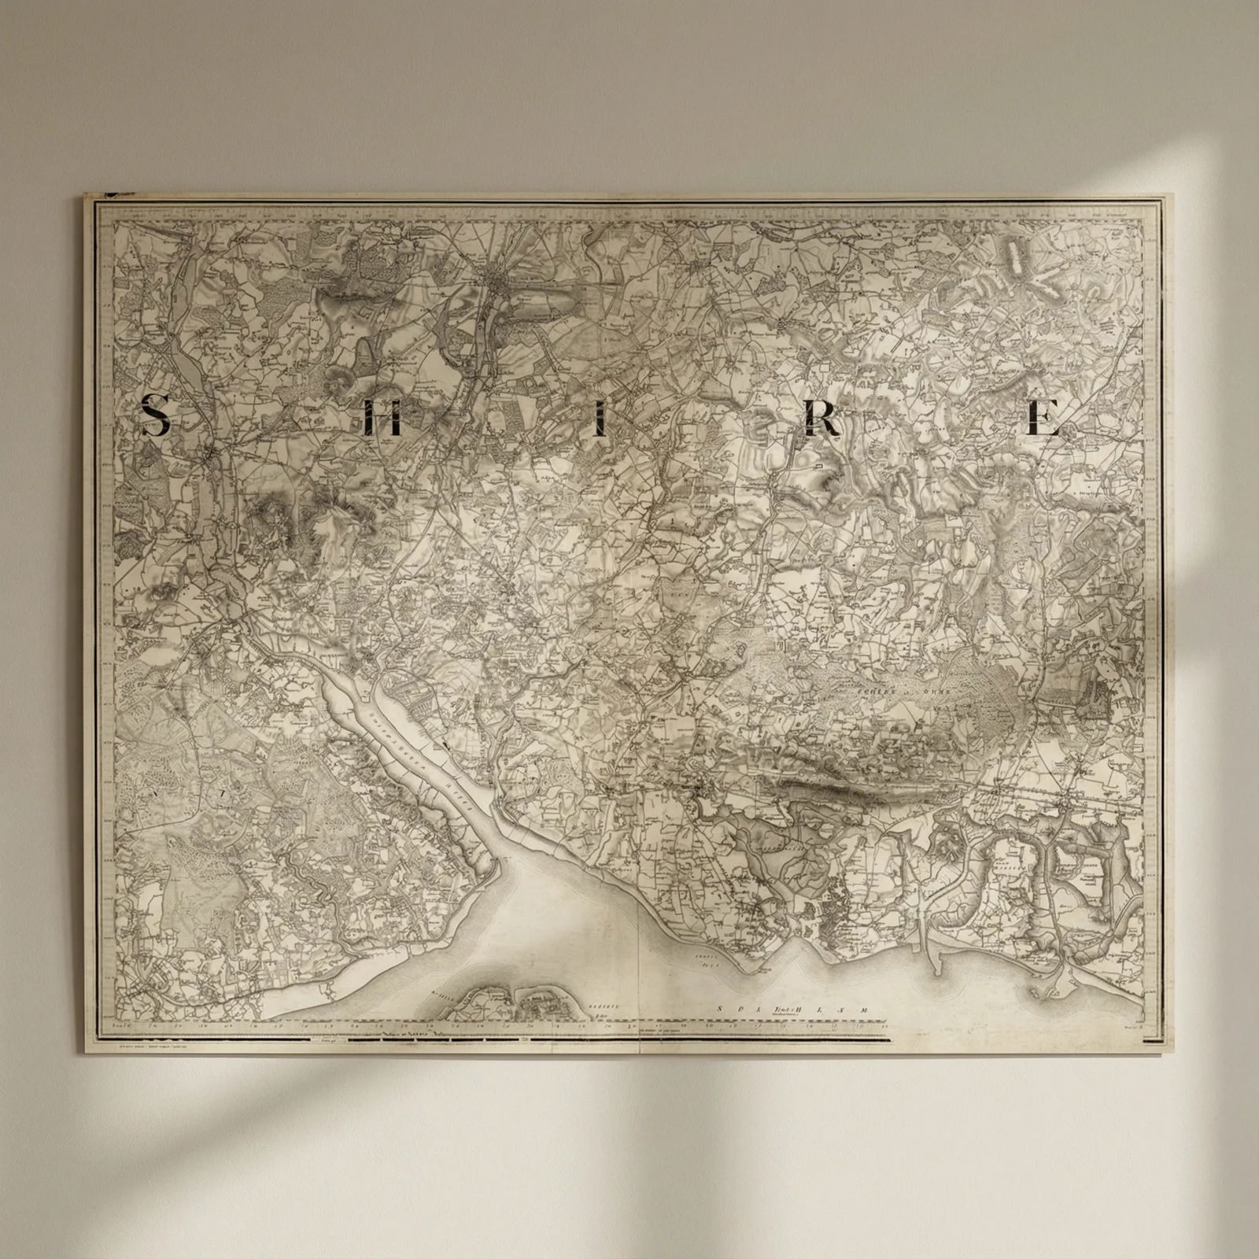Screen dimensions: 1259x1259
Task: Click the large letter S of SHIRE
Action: pyautogui.click(x=156, y=415)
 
